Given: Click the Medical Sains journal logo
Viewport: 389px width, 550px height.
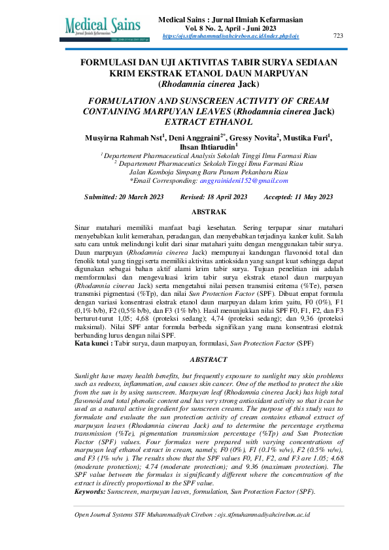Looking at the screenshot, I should [103, 27].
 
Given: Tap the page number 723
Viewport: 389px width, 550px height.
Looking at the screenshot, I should [338, 35].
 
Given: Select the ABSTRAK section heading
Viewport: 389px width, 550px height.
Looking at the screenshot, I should [209, 212].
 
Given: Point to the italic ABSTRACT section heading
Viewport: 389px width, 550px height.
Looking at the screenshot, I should [209, 359].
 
